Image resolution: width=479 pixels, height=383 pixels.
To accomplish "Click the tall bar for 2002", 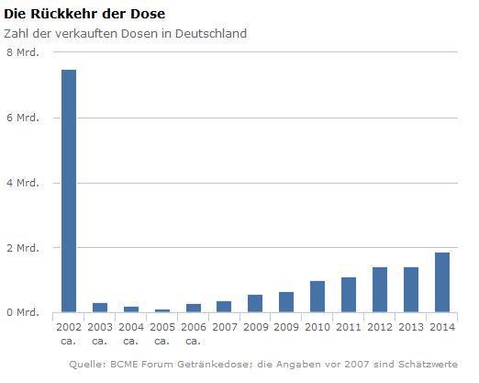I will click(x=69, y=191).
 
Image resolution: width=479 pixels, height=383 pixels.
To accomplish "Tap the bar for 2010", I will click(x=317, y=297).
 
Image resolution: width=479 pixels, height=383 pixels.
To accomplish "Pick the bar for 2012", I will click(x=380, y=290).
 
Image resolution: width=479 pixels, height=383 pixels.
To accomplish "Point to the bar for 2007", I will click(x=224, y=307).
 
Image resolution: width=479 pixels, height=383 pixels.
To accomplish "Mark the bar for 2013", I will click(x=411, y=290).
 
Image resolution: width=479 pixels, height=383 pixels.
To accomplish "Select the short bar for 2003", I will click(x=100, y=308).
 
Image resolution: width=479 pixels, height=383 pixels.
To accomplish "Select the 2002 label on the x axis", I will click(x=69, y=327).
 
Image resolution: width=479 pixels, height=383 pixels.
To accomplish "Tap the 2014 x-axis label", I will click(x=442, y=327).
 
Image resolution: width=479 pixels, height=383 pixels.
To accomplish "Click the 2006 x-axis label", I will click(x=193, y=327).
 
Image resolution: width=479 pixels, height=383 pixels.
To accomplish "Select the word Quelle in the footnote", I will click(x=87, y=365).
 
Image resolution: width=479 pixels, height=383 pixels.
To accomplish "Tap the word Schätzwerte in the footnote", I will click(x=426, y=365).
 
